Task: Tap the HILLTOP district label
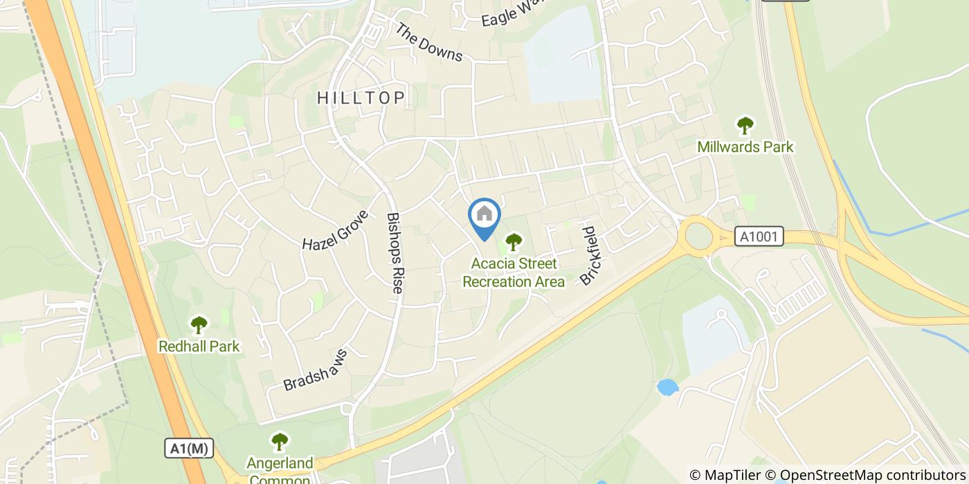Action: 361,97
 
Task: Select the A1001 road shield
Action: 759,237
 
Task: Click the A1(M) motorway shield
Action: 188,448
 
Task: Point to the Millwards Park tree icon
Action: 745,126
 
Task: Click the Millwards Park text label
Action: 745,147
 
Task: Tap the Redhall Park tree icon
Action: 199,324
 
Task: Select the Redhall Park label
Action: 199,346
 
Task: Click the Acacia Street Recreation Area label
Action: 514,272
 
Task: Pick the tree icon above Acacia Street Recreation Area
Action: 513,242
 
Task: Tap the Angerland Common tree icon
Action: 280,441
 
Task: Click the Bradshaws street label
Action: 315,370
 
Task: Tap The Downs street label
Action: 429,41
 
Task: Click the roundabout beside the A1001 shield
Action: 700,237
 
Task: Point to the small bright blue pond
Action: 667,387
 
